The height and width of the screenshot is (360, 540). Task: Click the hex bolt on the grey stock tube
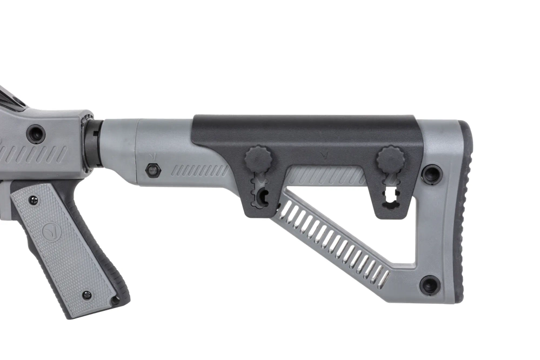153,170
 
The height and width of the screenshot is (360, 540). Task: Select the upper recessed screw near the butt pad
431,174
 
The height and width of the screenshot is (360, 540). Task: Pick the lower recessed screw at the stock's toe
430,284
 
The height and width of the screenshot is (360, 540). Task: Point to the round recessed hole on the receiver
36,133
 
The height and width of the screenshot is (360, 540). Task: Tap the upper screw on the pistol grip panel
34,201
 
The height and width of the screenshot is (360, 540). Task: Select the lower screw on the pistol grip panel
86,295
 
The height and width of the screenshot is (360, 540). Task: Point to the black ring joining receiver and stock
92,143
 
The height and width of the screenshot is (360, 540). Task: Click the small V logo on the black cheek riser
324,154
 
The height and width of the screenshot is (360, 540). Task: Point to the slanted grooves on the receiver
32,154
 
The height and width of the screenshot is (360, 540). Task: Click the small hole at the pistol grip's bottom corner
114,301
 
